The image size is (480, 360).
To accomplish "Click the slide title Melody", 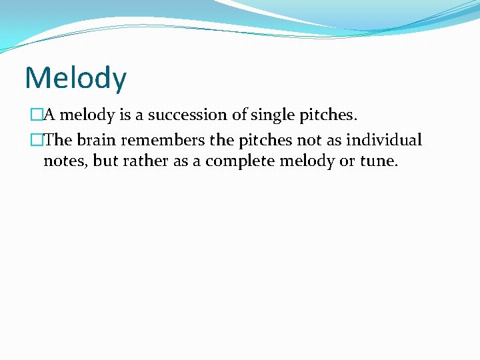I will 75,78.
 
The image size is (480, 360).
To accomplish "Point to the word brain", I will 99,141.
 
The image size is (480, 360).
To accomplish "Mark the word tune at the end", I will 379,161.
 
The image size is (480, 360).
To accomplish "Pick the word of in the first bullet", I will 239,115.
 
